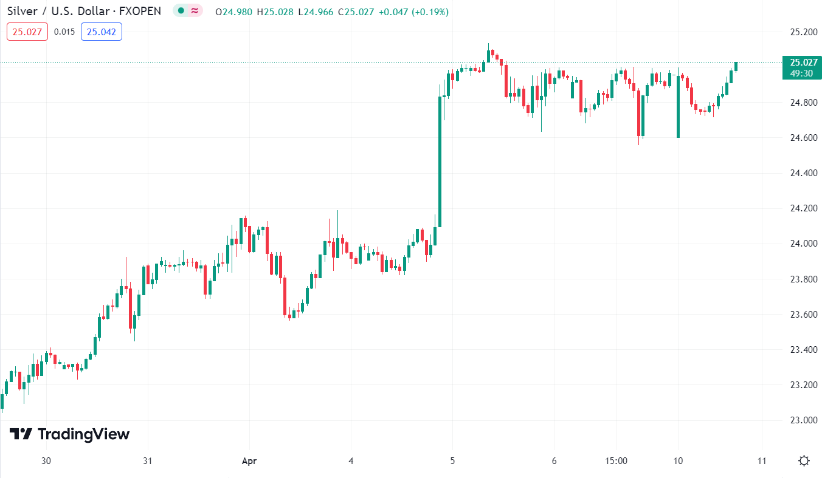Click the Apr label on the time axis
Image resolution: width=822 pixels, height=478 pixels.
coord(249,461)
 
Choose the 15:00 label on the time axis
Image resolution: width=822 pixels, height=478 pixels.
coord(616,461)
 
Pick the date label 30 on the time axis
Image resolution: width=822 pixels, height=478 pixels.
coord(46,461)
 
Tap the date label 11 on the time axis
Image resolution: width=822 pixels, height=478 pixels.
coord(761,461)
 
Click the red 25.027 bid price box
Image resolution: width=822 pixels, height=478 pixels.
coord(27,32)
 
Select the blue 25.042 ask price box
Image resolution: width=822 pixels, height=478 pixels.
coord(102,32)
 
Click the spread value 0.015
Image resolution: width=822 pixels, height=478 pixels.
coord(64,32)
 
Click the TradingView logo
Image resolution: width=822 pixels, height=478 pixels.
coord(69,434)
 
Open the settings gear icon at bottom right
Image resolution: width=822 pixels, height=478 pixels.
coord(804,461)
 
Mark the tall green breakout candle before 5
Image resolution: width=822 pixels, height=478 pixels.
coord(440,161)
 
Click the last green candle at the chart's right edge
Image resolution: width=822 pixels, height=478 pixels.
coord(736,66)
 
